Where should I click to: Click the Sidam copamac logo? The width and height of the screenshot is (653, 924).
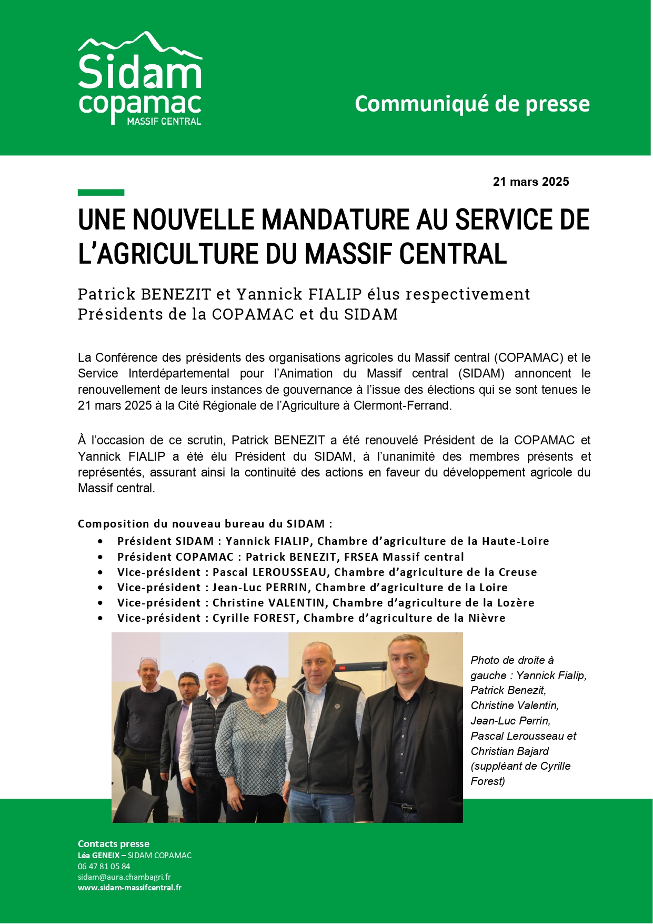pyautogui.click(x=140, y=79)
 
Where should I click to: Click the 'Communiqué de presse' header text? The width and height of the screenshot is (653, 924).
pyautogui.click(x=472, y=104)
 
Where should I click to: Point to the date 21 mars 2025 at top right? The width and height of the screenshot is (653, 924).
pyautogui.click(x=530, y=182)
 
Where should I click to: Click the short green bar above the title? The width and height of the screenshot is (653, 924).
pyautogui.click(x=101, y=193)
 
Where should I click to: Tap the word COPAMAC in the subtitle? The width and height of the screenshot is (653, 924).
pyautogui.click(x=252, y=314)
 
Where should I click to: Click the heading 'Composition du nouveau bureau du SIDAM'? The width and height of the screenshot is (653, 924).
pyautogui.click(x=205, y=524)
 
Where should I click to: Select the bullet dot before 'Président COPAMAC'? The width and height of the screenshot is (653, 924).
pyautogui.click(x=101, y=557)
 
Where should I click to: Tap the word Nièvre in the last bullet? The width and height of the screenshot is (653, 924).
pyautogui.click(x=487, y=618)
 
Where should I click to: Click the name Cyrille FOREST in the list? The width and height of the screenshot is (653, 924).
pyautogui.click(x=254, y=618)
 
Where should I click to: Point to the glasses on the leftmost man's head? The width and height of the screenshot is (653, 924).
pyautogui.click(x=148, y=659)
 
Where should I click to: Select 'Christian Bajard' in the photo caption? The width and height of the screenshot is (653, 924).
pyautogui.click(x=509, y=751)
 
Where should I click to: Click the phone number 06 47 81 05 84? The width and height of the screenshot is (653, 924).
pyautogui.click(x=104, y=866)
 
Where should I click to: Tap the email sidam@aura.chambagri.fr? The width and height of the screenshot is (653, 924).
pyautogui.click(x=124, y=877)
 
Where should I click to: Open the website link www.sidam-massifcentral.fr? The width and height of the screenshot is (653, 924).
pyautogui.click(x=129, y=887)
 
